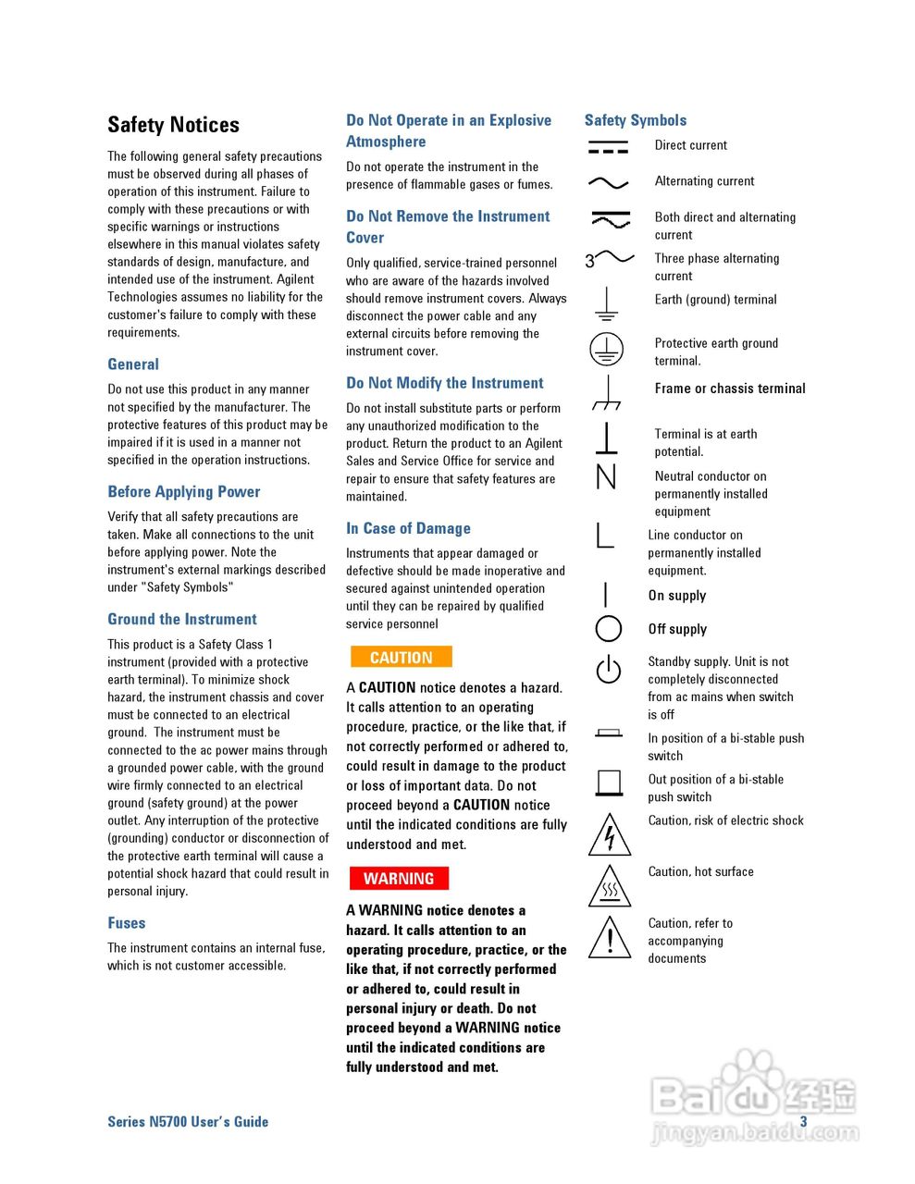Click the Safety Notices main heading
(x=173, y=125)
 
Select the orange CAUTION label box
(x=401, y=658)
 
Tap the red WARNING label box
(x=398, y=878)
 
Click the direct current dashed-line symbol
(x=608, y=147)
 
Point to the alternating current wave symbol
(x=608, y=183)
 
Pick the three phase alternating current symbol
(x=609, y=259)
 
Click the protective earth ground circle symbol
(x=606, y=349)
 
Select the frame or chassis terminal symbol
(x=606, y=393)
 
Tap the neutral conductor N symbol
(x=606, y=476)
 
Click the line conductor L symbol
(x=605, y=535)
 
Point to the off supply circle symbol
(x=608, y=629)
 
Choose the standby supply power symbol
(x=608, y=669)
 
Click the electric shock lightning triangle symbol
(x=609, y=835)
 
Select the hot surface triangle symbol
(x=609, y=887)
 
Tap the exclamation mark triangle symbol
(x=609, y=937)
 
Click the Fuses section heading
(x=126, y=923)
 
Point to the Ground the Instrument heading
(x=181, y=620)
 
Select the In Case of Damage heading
(x=408, y=529)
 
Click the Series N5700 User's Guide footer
(x=188, y=1122)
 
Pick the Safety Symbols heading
(x=635, y=120)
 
